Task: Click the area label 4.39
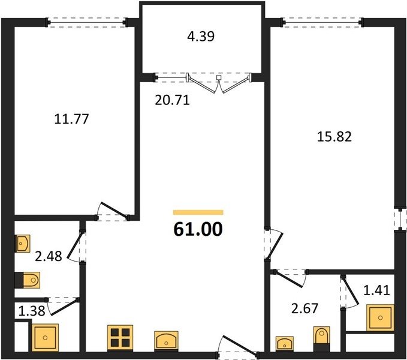pyautogui.click(x=201, y=37)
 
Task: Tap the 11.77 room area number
pyautogui.click(x=72, y=119)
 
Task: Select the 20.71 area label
pyautogui.click(x=173, y=100)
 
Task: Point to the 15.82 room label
pyautogui.click(x=334, y=137)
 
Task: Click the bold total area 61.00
pyautogui.click(x=198, y=229)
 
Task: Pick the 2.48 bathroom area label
pyautogui.click(x=49, y=256)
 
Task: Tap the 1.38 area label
pyautogui.click(x=32, y=311)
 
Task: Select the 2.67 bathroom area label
pyautogui.click(x=305, y=308)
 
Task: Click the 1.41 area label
pyautogui.click(x=377, y=290)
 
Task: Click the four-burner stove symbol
pyautogui.click(x=120, y=337)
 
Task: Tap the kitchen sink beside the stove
pyautogui.click(x=166, y=340)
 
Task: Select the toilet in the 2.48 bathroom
pyautogui.click(x=28, y=280)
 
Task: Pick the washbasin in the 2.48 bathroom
pyautogui.click(x=23, y=244)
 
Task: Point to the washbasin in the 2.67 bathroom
pyautogui.click(x=285, y=343)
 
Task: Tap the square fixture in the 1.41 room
pyautogui.click(x=380, y=317)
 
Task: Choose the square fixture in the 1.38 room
pyautogui.click(x=45, y=337)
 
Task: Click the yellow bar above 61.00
pyautogui.click(x=198, y=212)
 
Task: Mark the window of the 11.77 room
pyautogui.click(x=87, y=23)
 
